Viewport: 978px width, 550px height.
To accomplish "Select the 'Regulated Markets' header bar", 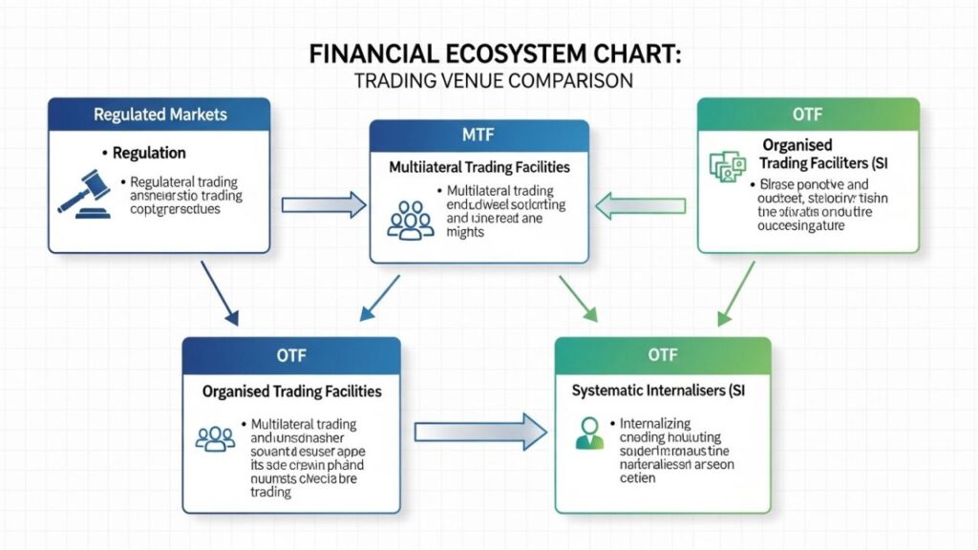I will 159,115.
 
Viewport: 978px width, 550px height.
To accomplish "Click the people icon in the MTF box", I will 409,219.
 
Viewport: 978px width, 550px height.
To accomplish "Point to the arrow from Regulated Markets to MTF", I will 324,203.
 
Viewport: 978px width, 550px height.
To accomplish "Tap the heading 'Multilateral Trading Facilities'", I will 479,167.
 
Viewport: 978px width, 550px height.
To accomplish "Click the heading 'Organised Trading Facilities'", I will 292,391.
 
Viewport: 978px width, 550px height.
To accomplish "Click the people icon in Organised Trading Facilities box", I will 215,437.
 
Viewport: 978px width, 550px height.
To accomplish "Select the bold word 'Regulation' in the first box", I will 149,153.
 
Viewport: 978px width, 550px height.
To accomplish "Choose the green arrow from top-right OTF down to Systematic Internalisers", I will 735,291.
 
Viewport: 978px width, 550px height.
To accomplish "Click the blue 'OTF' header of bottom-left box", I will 292,355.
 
